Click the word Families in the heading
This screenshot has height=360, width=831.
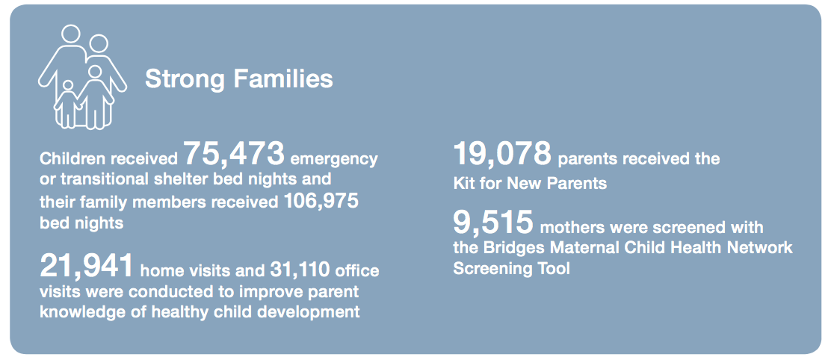[x=283, y=79]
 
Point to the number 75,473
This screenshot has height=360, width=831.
[x=234, y=154]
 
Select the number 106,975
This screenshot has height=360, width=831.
[x=321, y=201]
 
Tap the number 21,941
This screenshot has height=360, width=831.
[x=87, y=266]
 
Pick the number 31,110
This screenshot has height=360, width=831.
[x=301, y=270]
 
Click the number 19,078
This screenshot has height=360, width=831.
[x=502, y=154]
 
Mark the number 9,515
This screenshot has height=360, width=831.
[x=493, y=223]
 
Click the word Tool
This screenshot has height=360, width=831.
[x=553, y=268]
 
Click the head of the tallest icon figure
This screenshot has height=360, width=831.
[x=70, y=34]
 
